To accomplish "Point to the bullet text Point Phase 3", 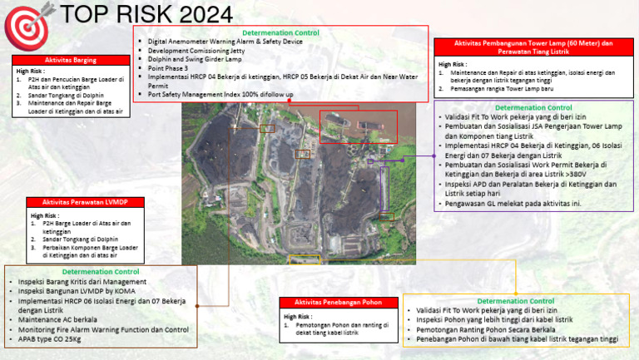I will pyautogui.click(x=168, y=68).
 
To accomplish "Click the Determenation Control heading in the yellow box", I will pyautogui.click(x=516, y=300).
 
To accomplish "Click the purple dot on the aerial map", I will pyautogui.click(x=403, y=159).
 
